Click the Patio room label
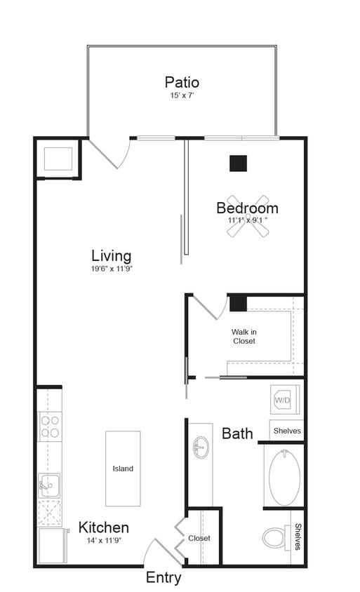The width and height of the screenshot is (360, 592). click(x=182, y=83)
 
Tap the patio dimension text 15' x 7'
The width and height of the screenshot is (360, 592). click(x=182, y=96)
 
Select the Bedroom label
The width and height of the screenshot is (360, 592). click(x=247, y=208)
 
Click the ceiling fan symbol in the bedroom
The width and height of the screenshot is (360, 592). click(x=248, y=215)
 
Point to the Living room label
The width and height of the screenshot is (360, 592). click(x=112, y=255)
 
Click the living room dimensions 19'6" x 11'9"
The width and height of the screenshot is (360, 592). click(x=112, y=269)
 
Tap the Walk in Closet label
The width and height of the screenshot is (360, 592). click(x=244, y=336)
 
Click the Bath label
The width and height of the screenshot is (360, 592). click(x=237, y=433)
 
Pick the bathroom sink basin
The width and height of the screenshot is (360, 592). click(x=201, y=447)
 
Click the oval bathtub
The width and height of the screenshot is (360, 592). click(x=284, y=476)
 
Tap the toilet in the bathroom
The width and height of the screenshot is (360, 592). click(x=275, y=537)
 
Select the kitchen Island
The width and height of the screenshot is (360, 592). click(x=123, y=468)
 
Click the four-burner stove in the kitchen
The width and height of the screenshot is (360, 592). click(x=49, y=426)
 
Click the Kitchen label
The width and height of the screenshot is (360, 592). click(x=103, y=527)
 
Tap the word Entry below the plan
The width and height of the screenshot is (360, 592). click(x=164, y=578)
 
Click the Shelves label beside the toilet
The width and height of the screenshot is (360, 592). click(x=298, y=537)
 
